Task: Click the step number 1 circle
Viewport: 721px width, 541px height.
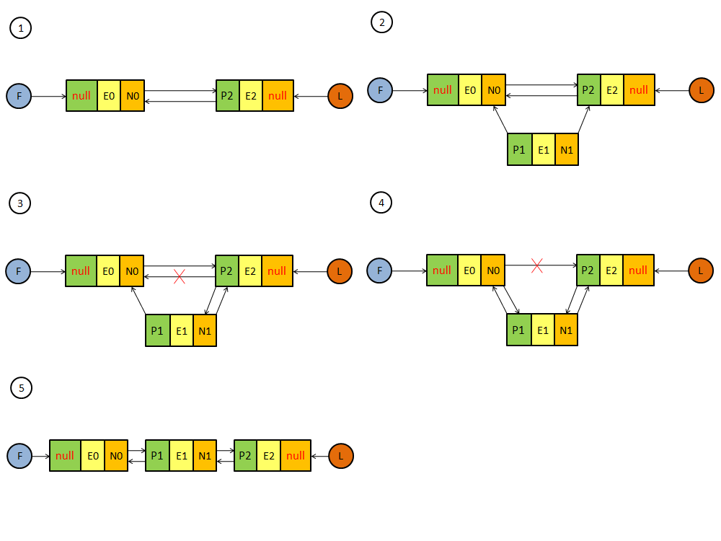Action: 21,28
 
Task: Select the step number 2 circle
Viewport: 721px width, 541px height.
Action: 381,22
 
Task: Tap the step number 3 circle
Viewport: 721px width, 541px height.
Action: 19,204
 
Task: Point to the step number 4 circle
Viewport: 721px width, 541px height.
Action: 381,203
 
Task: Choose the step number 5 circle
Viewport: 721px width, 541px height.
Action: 22,388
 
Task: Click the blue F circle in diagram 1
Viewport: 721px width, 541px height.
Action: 19,95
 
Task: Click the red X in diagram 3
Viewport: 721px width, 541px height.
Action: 180,276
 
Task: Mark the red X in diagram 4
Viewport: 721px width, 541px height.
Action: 536,265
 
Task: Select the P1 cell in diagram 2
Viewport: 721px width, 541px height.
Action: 519,150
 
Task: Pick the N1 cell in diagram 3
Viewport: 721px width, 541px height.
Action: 205,331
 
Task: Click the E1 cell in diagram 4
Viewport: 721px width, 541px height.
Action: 542,330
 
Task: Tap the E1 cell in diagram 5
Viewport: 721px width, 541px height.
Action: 182,456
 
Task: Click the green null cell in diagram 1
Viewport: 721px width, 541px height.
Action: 81,95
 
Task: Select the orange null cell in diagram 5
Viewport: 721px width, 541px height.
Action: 296,456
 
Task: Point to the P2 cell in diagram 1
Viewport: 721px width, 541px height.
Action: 227,95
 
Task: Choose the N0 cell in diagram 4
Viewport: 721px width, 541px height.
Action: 493,270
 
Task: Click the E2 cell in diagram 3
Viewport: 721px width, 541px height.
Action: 250,271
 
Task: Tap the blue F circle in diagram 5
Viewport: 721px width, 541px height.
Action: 19,456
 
